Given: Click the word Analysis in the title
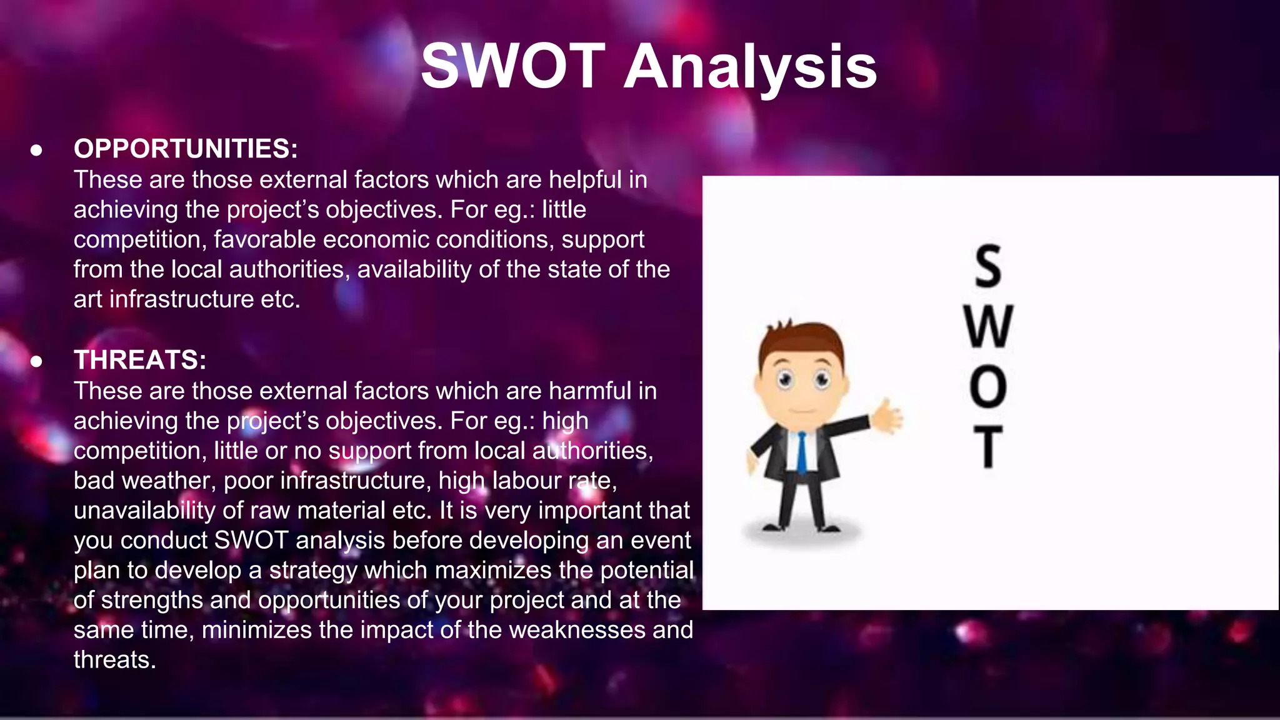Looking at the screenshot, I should [x=751, y=67].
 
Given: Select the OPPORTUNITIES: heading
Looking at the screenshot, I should [x=186, y=149].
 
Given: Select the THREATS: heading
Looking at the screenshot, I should [x=140, y=360].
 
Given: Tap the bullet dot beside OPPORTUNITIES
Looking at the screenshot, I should [x=37, y=150].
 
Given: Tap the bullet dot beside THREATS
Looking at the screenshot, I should [x=37, y=361].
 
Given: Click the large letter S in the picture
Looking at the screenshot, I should [x=988, y=266].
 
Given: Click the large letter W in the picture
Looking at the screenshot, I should [x=988, y=326].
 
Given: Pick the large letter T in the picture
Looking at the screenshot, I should [x=988, y=446].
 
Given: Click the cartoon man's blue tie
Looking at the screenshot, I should [x=802, y=452].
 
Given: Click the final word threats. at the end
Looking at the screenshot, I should [x=114, y=660].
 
